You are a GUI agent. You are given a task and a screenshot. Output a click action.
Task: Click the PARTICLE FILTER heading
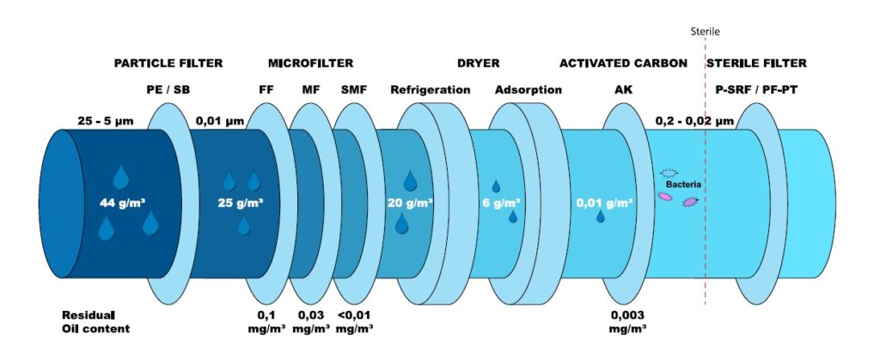(x=168, y=64)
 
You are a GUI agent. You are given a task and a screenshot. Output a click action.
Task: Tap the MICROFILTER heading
(x=310, y=64)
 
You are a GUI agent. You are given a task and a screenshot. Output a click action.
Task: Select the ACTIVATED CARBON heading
(x=623, y=64)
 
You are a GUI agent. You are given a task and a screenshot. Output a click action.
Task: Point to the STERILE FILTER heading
(x=756, y=64)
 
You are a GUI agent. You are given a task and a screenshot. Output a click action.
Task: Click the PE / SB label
(x=167, y=89)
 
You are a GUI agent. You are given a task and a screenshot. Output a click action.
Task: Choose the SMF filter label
(x=353, y=89)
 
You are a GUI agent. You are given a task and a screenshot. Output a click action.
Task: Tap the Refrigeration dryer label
(x=431, y=89)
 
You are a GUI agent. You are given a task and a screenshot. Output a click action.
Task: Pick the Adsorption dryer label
(x=529, y=89)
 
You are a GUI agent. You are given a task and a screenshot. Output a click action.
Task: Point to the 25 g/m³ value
(x=241, y=203)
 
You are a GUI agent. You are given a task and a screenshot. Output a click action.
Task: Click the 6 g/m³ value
(x=502, y=203)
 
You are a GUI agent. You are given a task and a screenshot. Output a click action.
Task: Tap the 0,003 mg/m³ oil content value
(x=627, y=321)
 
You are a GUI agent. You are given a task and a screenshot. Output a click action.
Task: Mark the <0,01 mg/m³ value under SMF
(x=354, y=321)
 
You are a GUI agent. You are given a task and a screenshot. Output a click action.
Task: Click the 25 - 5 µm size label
(x=106, y=121)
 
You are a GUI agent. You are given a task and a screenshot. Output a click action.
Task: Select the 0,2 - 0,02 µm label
(x=694, y=121)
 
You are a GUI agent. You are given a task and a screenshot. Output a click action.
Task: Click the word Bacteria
(x=683, y=184)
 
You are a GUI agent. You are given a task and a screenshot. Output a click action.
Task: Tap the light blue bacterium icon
(x=669, y=173)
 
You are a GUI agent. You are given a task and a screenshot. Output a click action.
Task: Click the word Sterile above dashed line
(x=705, y=32)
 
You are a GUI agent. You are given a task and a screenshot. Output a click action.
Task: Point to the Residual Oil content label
(x=95, y=321)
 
